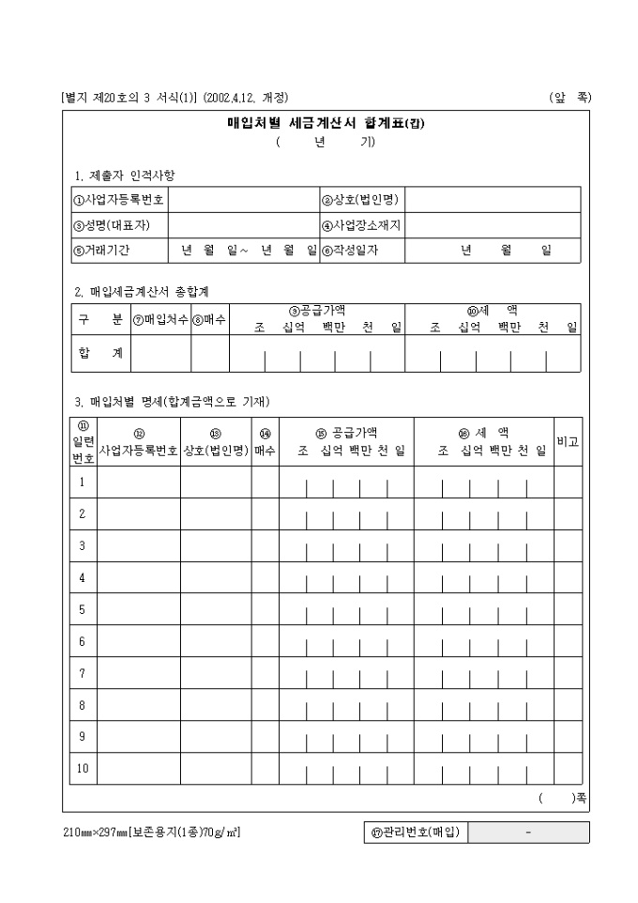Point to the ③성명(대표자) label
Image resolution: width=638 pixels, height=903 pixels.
pyautogui.click(x=112, y=225)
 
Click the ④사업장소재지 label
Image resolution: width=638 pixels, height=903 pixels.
pyautogui.click(x=361, y=225)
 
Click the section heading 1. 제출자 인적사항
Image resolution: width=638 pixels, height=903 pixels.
pyautogui.click(x=125, y=176)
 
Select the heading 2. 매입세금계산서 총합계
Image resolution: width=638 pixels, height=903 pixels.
pyautogui.click(x=142, y=292)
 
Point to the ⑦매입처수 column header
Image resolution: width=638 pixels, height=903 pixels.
pyautogui.click(x=160, y=319)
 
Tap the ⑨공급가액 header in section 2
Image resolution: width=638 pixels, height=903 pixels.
pyautogui.click(x=317, y=310)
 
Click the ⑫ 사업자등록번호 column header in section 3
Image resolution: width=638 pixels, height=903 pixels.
pyautogui.click(x=139, y=442)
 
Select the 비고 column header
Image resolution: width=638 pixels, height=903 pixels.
pyautogui.click(x=567, y=441)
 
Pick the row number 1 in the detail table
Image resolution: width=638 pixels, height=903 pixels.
pyautogui.click(x=83, y=482)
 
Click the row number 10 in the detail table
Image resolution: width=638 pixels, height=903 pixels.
pyautogui.click(x=83, y=769)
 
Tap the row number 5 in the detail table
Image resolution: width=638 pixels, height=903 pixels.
pyautogui.click(x=83, y=610)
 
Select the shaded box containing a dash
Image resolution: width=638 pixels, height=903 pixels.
pyautogui.click(x=529, y=833)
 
